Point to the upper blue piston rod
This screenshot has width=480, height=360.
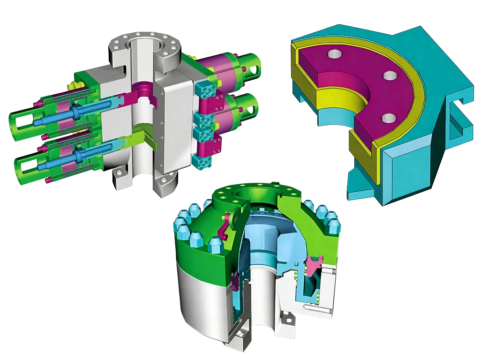point(75,112)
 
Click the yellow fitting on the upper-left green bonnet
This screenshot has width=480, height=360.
point(72,86)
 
